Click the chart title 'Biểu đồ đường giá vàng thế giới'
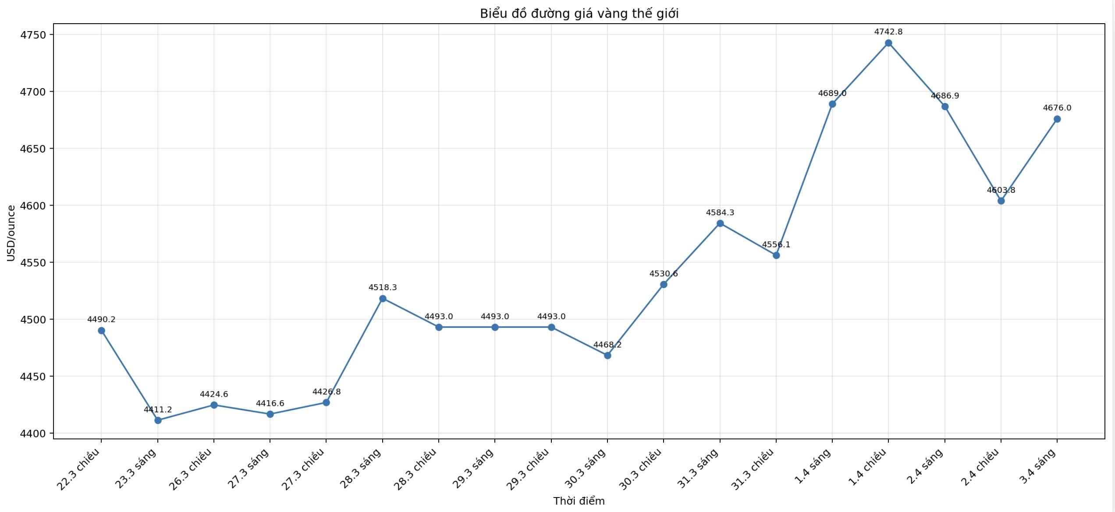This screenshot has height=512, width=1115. point(579,14)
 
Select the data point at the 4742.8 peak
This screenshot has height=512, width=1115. point(888,43)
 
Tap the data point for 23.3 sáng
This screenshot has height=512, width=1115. point(158,420)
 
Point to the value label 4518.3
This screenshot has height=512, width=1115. point(383,288)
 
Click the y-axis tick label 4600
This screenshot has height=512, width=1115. point(33,206)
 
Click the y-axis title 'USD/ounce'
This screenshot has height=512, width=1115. point(11,233)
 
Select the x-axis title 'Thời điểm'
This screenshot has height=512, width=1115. point(579,501)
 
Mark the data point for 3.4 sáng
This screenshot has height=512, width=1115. point(1057,119)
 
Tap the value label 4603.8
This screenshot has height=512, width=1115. point(1001,190)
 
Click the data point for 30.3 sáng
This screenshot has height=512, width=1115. point(607,356)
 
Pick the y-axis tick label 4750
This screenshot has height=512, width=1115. point(33,35)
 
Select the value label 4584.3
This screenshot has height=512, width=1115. point(720,213)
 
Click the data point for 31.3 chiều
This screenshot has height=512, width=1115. point(776,255)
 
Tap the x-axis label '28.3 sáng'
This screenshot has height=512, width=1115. point(361,468)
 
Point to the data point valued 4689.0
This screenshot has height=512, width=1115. point(832,104)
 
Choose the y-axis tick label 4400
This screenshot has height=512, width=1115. point(33,434)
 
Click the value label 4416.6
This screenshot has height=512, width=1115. point(270,403)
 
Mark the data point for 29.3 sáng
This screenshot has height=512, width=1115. point(495,327)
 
